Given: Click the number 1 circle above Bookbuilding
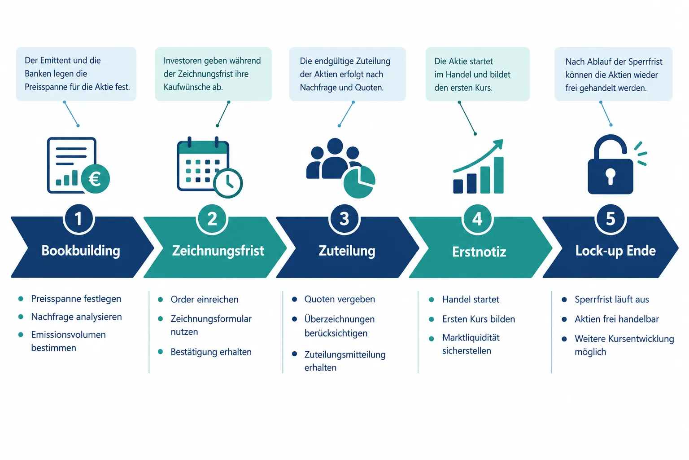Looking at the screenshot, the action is pos(78,219).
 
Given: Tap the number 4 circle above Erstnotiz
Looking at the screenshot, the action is pos(477,219).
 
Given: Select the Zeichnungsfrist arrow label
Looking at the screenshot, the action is pos(218,251).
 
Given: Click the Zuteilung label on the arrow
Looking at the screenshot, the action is pos(347,251).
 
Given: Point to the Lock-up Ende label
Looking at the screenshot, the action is pos(615,251).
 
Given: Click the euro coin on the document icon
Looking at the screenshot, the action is pos(96,179).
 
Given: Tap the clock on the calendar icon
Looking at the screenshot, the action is pos(228,183).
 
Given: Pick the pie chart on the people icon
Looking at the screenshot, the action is pos(359,182).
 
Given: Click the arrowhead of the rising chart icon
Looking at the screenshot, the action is pos(498,144).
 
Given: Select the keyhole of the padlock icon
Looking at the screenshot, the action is pos(611,177).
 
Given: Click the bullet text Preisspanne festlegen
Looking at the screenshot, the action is pos(76,299).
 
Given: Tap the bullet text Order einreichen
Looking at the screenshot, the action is pos(205,300).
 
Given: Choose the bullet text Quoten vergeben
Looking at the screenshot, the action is pos(340,299).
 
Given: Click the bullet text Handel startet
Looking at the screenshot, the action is pos(471,300).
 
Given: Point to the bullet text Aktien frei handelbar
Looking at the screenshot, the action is pos(617,319).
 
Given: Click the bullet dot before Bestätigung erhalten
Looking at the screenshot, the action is pos(160,352).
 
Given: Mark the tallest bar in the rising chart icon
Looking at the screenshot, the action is pos(499,175).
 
